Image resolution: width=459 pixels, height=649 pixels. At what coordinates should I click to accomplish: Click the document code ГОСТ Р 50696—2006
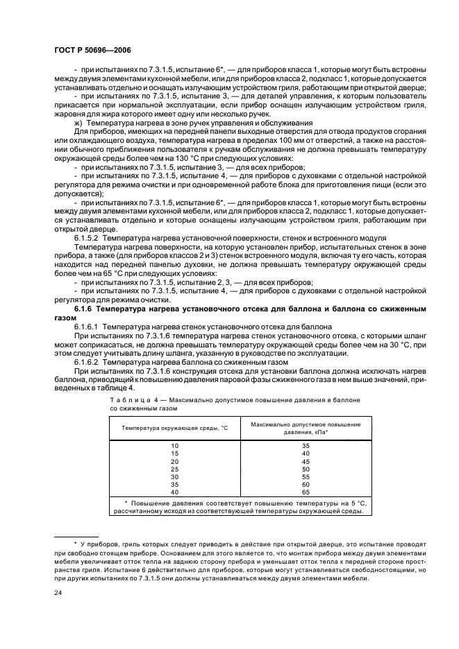click(92, 50)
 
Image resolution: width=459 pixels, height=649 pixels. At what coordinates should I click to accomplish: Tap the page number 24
click(58, 594)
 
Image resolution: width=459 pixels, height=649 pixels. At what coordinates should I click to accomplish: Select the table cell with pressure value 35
click(305, 444)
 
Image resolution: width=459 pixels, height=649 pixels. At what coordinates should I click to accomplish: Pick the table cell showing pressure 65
click(305, 492)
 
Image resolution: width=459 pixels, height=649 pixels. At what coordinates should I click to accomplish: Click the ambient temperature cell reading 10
click(174, 444)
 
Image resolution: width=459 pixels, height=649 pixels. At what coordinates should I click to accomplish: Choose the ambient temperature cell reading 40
click(174, 492)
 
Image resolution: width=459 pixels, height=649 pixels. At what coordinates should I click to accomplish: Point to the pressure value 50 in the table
click(305, 468)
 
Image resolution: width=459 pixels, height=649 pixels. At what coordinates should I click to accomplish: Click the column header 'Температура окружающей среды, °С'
click(174, 428)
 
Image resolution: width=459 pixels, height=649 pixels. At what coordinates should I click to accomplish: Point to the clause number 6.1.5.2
click(88, 256)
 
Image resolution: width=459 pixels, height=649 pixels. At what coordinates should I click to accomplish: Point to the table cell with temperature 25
click(174, 468)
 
